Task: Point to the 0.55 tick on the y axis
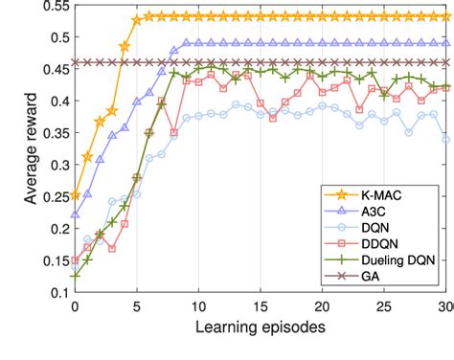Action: pyautogui.click(x=53, y=6)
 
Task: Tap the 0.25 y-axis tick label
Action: pyautogui.click(x=53, y=195)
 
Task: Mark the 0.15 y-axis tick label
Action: pyautogui.click(x=53, y=259)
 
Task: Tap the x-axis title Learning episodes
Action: pyautogui.click(x=260, y=328)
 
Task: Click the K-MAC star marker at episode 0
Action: pyautogui.click(x=75, y=194)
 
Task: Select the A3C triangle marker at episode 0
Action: pyautogui.click(x=75, y=214)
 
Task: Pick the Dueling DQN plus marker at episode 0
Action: pyautogui.click(x=75, y=275)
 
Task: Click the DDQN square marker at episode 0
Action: pyautogui.click(x=75, y=259)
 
